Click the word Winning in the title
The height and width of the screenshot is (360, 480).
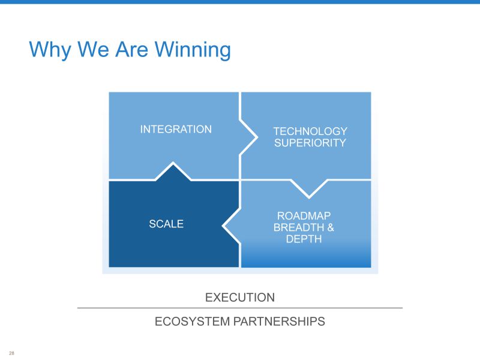tap(193, 50)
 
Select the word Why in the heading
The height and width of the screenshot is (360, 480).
tap(50, 50)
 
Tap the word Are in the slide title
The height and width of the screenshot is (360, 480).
tap(131, 49)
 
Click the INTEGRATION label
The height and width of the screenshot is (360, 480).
tap(176, 129)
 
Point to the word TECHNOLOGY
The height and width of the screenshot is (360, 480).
tap(310, 131)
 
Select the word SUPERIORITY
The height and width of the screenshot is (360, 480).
tap(310, 143)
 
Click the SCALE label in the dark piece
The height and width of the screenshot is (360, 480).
tap(166, 224)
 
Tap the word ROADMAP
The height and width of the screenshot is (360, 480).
tap(304, 216)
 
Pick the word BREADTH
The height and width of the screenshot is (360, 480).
tap(299, 227)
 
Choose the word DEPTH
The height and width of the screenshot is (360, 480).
tap(304, 239)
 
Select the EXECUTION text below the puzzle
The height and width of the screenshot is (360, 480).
tap(239, 298)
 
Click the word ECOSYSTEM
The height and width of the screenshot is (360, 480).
tap(192, 322)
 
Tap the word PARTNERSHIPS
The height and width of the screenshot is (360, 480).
tap(279, 322)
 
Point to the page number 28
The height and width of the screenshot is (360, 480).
tap(11, 353)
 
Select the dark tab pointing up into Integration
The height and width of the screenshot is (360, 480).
tap(173, 172)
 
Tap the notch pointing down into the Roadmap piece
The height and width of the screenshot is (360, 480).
tap(309, 188)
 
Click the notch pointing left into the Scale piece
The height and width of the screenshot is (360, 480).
tap(231, 226)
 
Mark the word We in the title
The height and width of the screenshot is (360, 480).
tap(93, 49)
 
